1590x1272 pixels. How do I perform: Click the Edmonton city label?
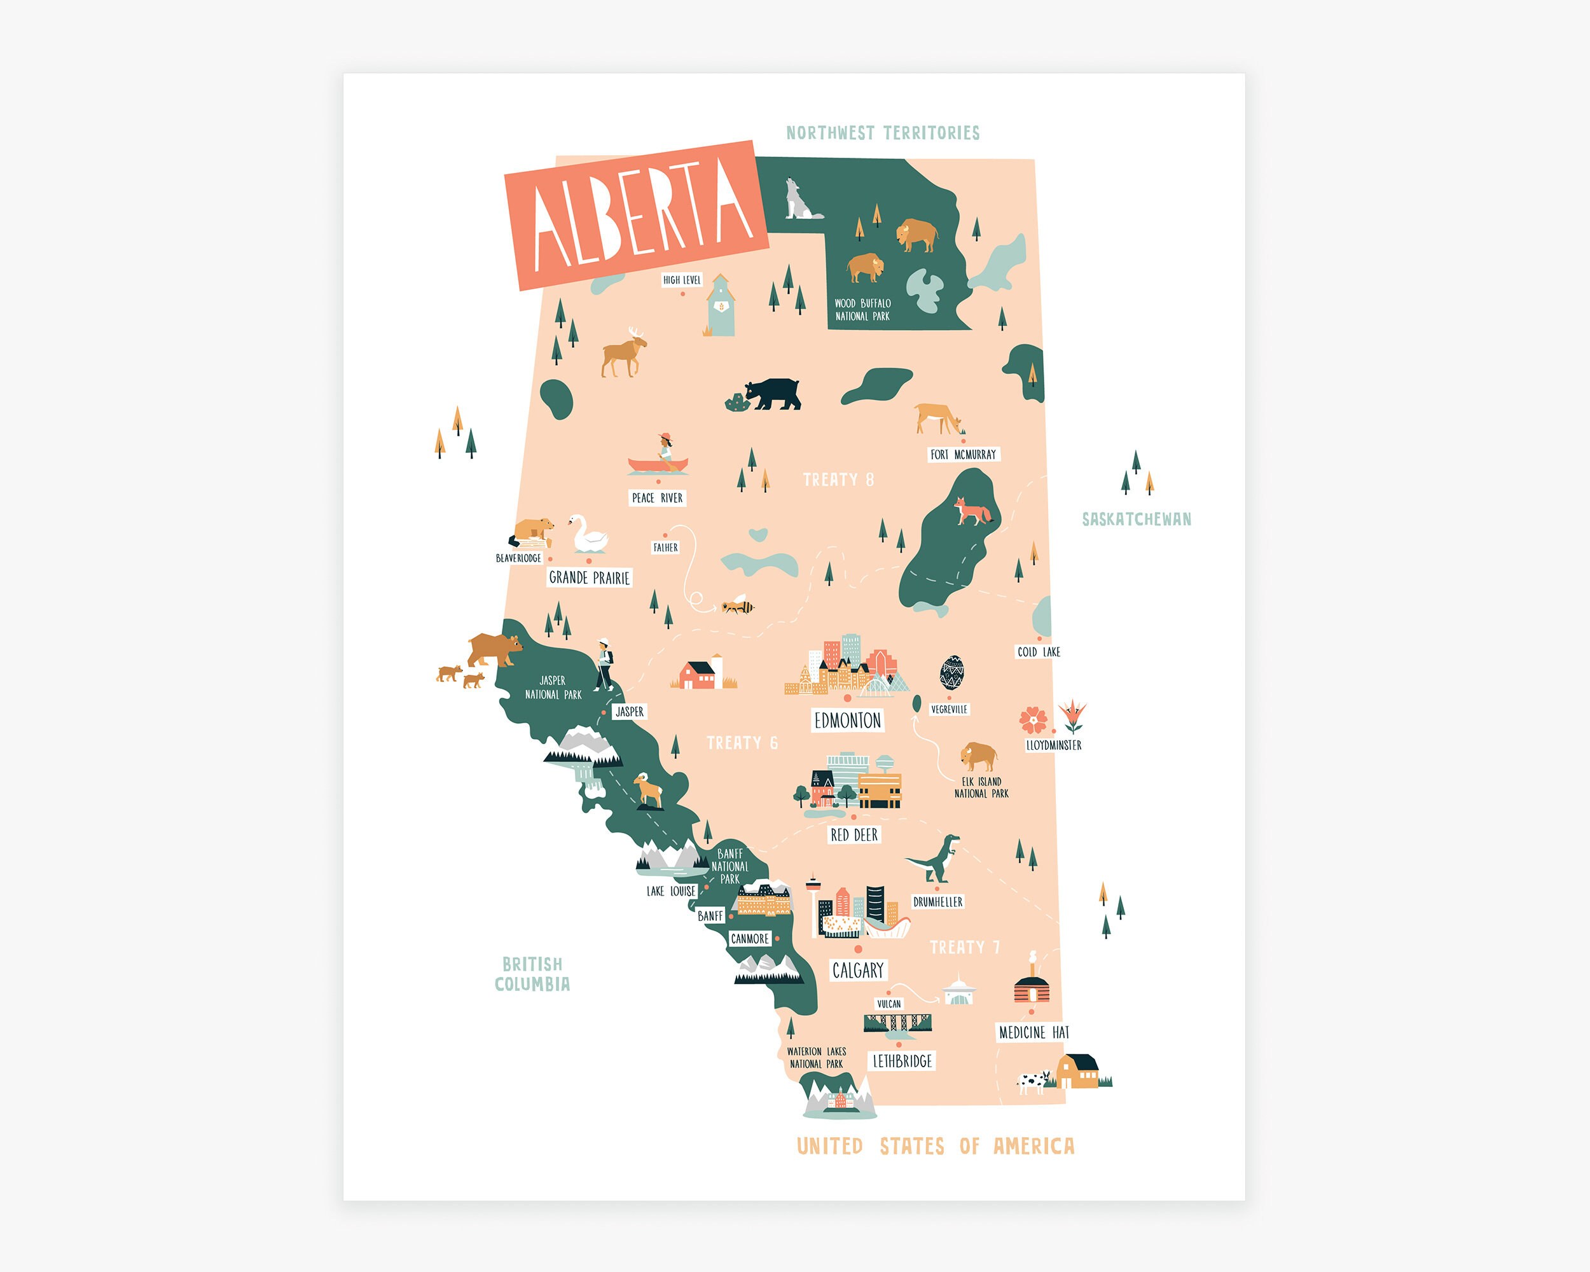(847, 721)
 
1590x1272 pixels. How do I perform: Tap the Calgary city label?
(858, 971)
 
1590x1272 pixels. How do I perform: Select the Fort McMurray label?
(963, 455)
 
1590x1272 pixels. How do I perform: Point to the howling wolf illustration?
(799, 200)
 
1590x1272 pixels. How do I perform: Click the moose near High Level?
(624, 352)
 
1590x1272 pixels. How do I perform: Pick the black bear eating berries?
(771, 394)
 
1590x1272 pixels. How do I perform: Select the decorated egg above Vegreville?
(951, 672)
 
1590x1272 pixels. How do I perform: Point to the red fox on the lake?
(972, 511)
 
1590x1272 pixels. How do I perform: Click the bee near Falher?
(738, 607)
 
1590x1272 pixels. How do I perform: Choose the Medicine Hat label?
(1033, 1033)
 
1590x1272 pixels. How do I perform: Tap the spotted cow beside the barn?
(1033, 1082)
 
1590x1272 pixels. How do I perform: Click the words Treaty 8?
(838, 480)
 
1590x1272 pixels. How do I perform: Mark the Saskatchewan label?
(1137, 520)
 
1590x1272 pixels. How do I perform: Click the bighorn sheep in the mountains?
(648, 791)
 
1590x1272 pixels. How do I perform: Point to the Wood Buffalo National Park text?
(862, 310)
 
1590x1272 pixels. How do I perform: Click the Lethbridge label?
(902, 1061)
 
